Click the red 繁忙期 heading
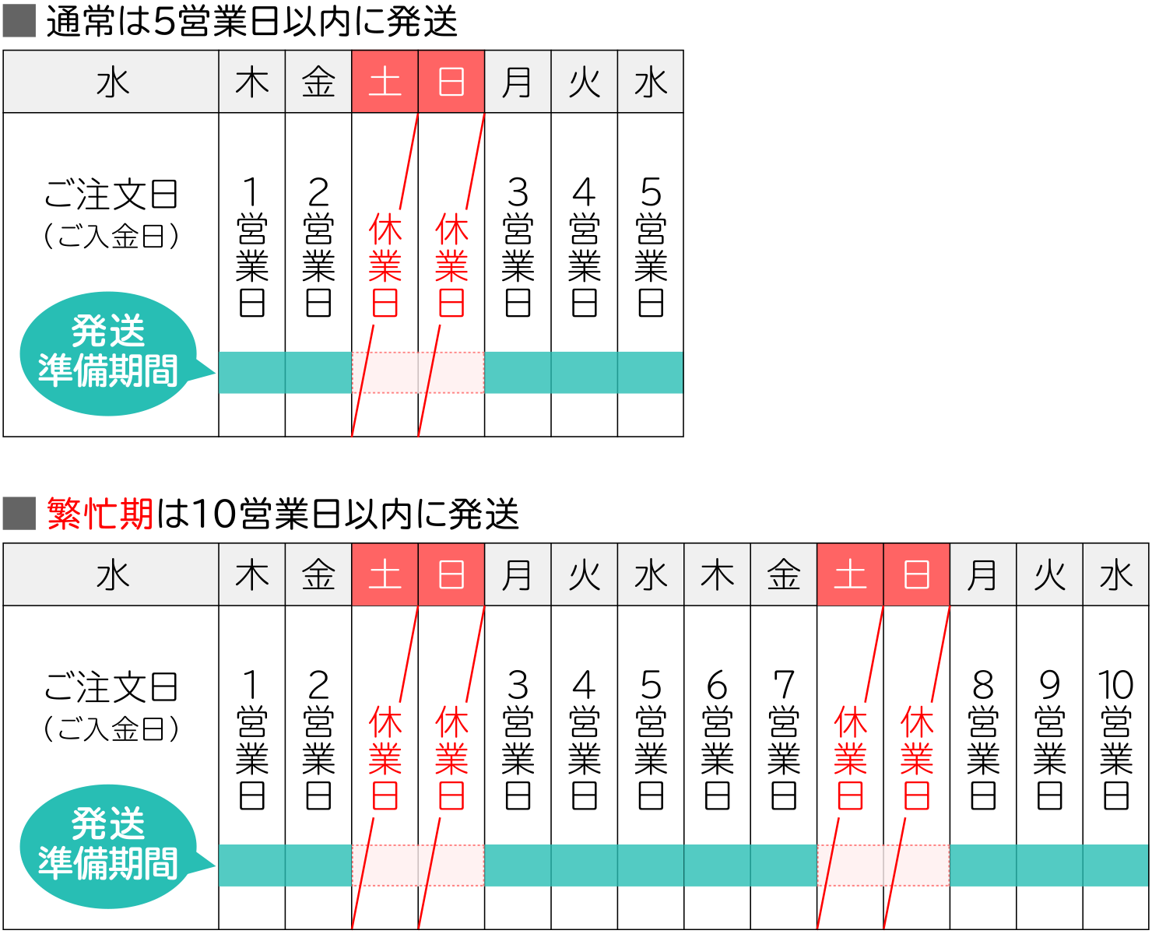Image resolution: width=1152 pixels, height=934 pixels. (x=100, y=514)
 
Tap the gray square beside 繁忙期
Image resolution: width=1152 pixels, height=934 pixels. (x=19, y=514)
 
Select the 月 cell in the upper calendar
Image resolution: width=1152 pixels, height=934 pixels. (x=518, y=82)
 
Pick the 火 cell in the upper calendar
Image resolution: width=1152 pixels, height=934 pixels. (x=584, y=82)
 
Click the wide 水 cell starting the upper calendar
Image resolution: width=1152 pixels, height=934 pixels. (x=111, y=82)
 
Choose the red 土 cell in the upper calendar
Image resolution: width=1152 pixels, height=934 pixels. (x=385, y=82)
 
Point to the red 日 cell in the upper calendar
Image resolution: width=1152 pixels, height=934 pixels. (x=451, y=82)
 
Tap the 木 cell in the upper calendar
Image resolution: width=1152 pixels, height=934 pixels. (x=252, y=82)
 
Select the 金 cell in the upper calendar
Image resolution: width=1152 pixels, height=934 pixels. (x=318, y=82)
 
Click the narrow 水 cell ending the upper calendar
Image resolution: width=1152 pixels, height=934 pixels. (x=651, y=82)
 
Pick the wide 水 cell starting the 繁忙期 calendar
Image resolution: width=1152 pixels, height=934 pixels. (x=111, y=575)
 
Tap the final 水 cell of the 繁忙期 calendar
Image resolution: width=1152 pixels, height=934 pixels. (x=1115, y=575)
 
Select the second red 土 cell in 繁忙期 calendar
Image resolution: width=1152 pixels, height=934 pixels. (x=850, y=575)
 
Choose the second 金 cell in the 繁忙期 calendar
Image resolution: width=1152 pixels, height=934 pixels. (x=784, y=575)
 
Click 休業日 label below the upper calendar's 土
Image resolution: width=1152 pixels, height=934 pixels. (x=385, y=266)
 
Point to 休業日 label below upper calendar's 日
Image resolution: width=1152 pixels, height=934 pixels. (x=451, y=266)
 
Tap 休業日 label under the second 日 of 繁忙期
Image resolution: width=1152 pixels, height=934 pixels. (x=917, y=758)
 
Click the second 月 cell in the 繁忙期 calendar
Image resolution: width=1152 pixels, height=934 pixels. (x=982, y=575)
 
